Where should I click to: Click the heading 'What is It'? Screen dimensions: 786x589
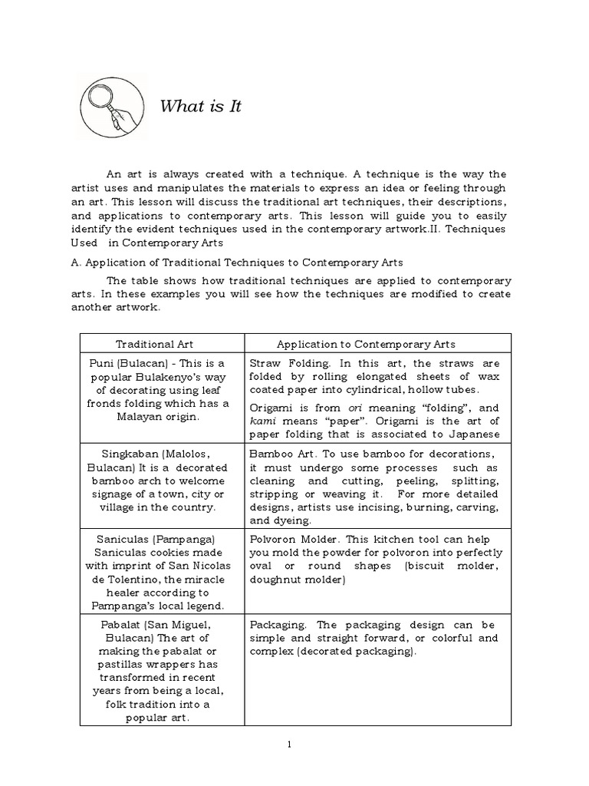(200, 106)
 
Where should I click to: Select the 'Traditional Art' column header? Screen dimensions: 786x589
(162, 344)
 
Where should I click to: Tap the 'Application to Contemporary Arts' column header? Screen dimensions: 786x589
(366, 344)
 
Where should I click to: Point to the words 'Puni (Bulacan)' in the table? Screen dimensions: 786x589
(129, 362)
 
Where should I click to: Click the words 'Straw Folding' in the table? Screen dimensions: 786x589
(281, 362)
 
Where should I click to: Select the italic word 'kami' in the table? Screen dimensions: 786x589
(262, 421)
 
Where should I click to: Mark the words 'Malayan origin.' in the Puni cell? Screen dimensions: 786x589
(162, 417)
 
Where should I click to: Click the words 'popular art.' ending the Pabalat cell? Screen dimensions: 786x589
(162, 717)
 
